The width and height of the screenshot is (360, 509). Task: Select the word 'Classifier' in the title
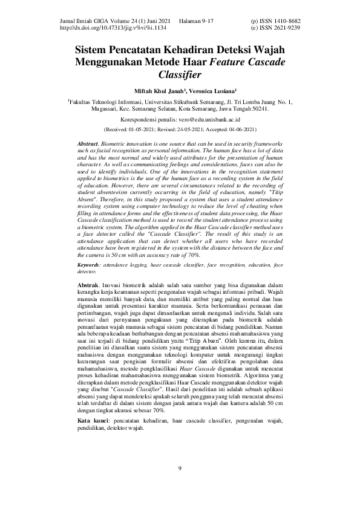point(180,75)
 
